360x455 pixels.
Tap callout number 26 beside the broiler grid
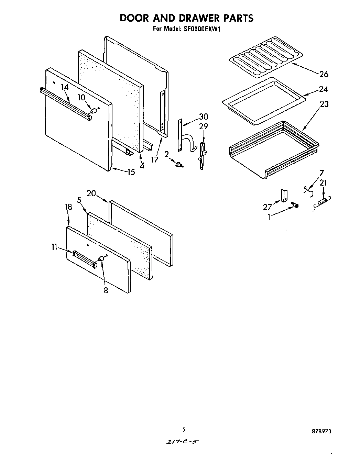click(324, 74)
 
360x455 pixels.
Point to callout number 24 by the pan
click(323, 89)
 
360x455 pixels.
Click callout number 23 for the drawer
click(324, 104)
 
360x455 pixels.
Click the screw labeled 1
click(295, 205)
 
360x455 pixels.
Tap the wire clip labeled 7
click(309, 191)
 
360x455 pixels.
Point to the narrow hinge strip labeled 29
click(202, 154)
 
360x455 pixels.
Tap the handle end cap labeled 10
click(93, 111)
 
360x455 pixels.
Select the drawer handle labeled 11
click(84, 258)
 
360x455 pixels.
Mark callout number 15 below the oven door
click(131, 172)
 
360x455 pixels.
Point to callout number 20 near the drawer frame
click(91, 193)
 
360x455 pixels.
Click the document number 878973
click(322, 431)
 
